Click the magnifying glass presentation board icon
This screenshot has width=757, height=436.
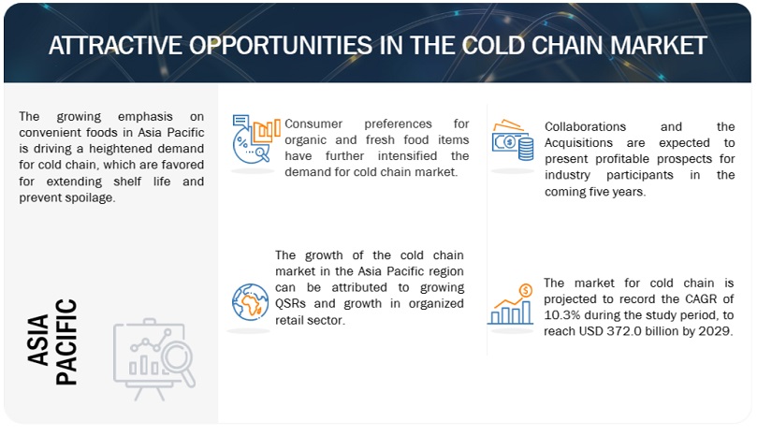coord(153,355)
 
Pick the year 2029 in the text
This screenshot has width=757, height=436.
coord(715,332)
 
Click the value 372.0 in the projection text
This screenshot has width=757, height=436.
coord(634,332)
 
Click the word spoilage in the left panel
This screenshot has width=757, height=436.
coord(94,196)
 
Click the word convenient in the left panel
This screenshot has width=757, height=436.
coord(51,131)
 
